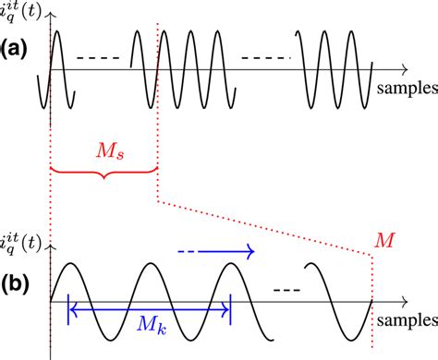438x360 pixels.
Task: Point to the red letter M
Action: coord(383,239)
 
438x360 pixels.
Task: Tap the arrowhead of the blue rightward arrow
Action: coord(249,249)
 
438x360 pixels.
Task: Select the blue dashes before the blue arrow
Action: coord(189,249)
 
